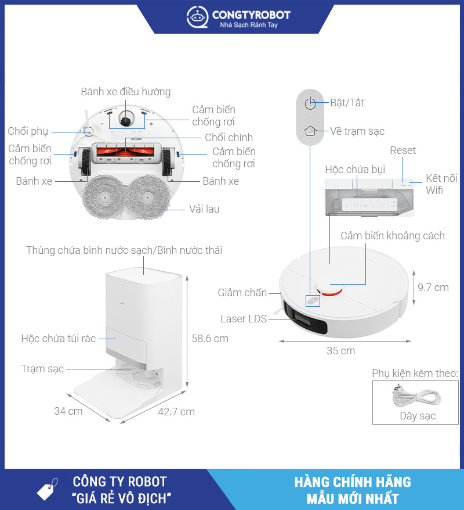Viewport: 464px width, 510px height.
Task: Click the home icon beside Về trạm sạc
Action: click(311, 131)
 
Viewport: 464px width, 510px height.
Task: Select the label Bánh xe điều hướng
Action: click(126, 92)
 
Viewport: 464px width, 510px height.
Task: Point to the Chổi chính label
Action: click(229, 138)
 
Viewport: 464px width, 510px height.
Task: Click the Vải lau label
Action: click(204, 209)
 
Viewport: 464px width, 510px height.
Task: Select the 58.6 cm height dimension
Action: click(211, 338)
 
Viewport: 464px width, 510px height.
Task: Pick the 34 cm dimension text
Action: click(68, 411)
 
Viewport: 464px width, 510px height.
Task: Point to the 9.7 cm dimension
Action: click(433, 287)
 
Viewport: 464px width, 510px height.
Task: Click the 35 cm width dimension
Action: click(340, 351)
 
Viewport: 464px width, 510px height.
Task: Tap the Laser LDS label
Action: click(244, 319)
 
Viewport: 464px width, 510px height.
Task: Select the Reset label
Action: click(403, 150)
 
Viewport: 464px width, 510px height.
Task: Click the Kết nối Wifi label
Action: click(441, 184)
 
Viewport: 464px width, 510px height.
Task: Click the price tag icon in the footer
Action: click(47, 489)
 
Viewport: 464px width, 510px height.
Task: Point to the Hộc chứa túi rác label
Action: click(59, 338)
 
